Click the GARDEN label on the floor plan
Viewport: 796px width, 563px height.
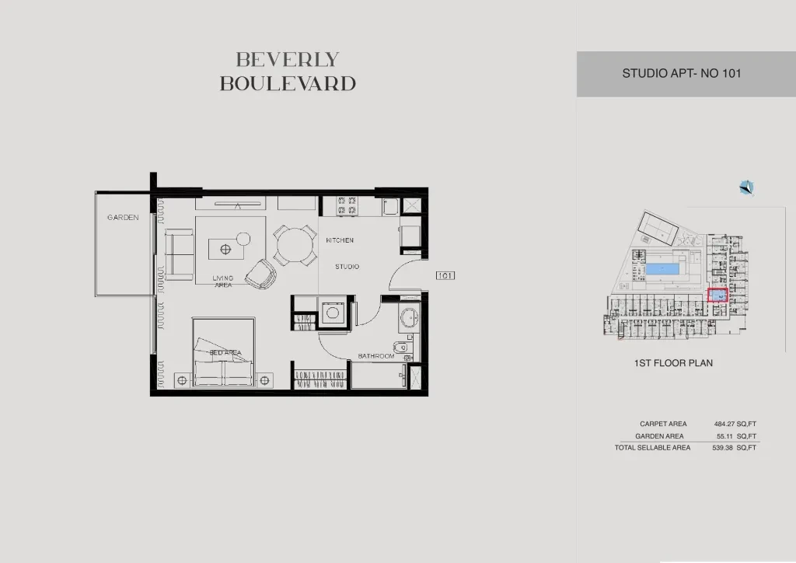[x=123, y=217]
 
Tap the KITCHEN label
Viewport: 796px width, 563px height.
[x=340, y=240]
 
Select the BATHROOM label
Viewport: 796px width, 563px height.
[x=376, y=356]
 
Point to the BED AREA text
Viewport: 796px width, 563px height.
[x=226, y=352]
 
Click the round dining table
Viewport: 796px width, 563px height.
[x=295, y=246]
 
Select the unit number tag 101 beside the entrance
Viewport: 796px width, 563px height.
[x=445, y=275]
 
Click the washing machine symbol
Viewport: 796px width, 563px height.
[x=333, y=312]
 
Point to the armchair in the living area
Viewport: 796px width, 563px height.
[x=261, y=275]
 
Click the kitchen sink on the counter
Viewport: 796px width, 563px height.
[x=390, y=207]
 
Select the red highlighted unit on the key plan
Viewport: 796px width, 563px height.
[x=717, y=295]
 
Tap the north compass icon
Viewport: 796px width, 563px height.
[x=746, y=188]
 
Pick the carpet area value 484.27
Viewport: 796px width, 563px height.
[x=724, y=424]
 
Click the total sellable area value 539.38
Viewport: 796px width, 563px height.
[x=722, y=448]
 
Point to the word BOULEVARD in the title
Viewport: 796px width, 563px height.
[x=288, y=84]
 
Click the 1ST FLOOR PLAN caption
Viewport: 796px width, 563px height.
[x=673, y=363]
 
